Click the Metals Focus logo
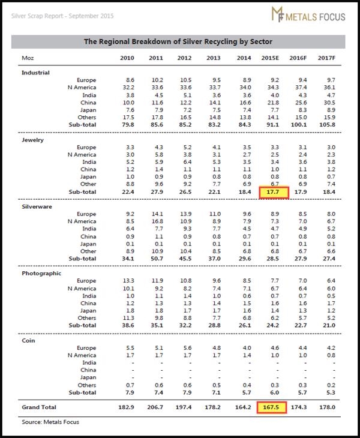(308, 14)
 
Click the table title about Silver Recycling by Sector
(178, 41)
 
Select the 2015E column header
(270, 58)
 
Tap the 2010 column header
(127, 58)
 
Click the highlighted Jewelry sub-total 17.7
(274, 192)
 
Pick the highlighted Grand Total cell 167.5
(271, 407)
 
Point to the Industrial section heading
(35, 73)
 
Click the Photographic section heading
(41, 274)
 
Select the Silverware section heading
(37, 207)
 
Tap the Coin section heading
(28, 341)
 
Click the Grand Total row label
(39, 407)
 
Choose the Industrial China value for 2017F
(329, 103)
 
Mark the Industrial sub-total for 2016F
(299, 125)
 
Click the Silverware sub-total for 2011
(157, 259)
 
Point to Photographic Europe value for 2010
(128, 280)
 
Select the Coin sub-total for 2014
(247, 392)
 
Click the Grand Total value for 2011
(155, 407)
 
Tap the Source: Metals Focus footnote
(50, 422)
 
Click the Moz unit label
(28, 58)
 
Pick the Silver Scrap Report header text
(62, 16)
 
